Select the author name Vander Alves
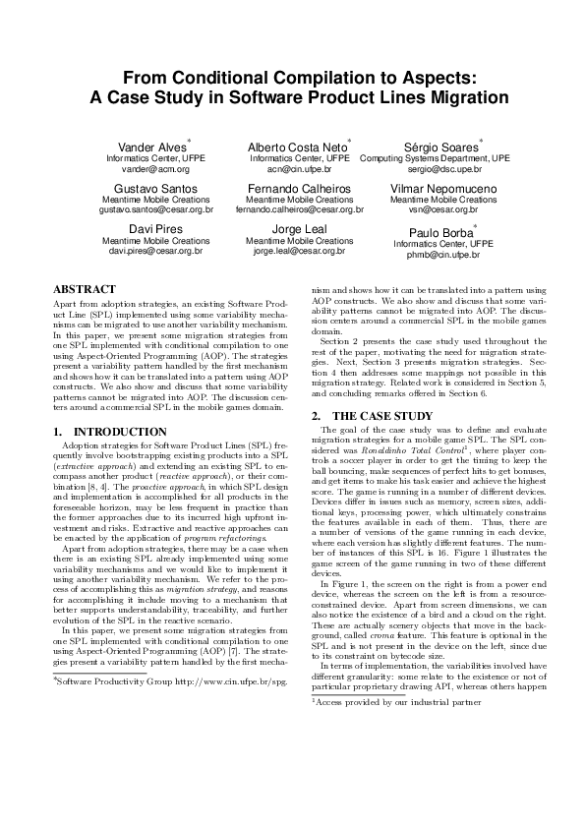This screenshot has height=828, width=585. [146, 148]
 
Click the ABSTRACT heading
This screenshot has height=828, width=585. [85, 290]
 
